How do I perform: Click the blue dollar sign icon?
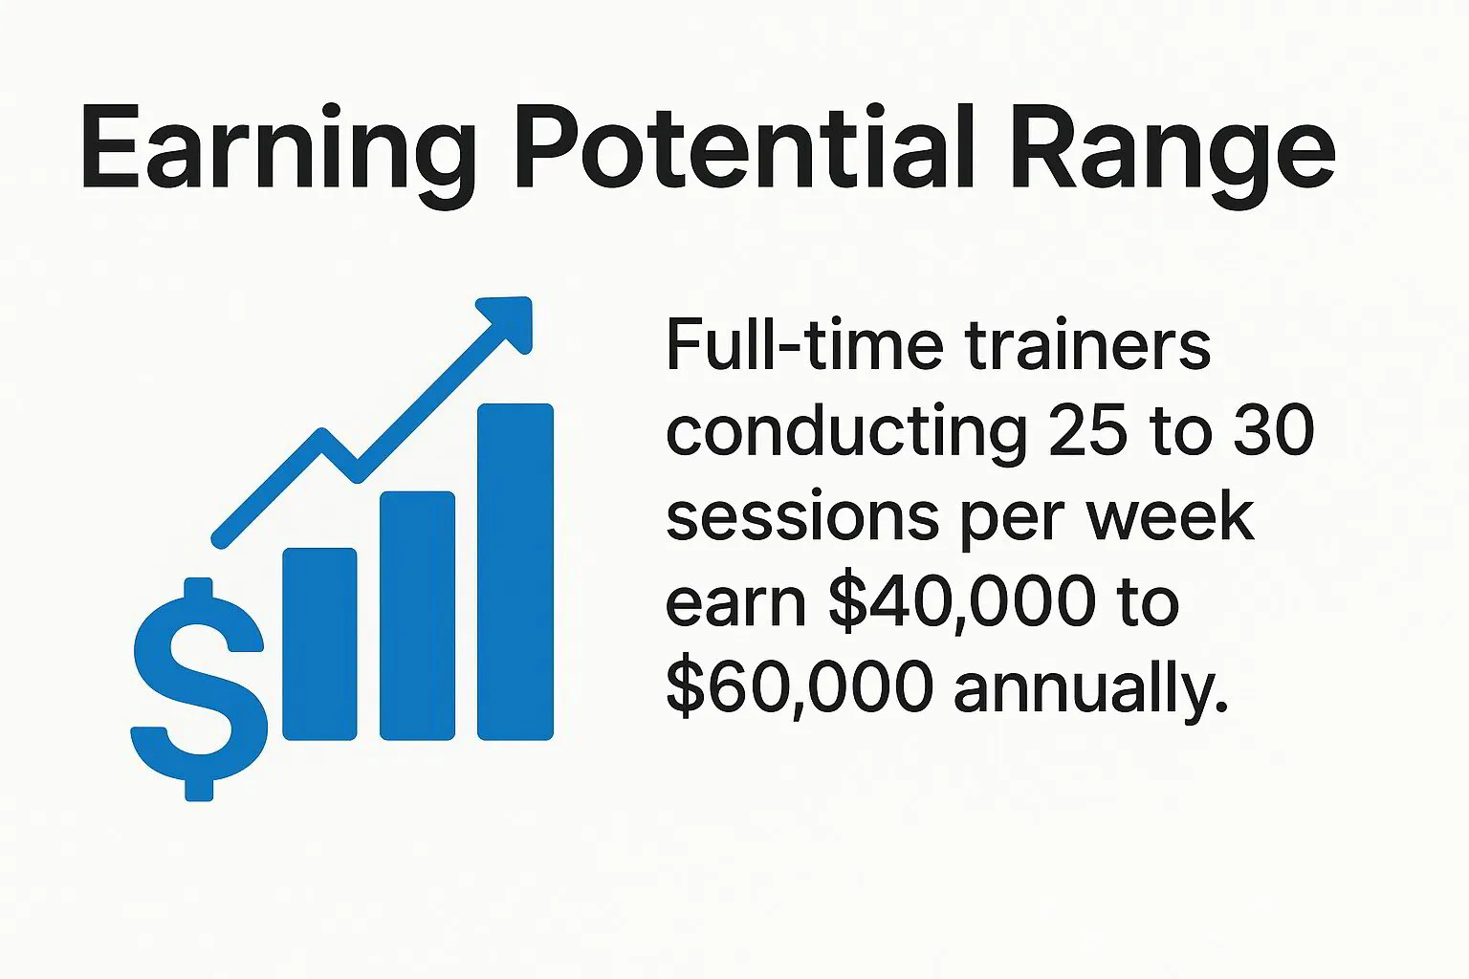click(199, 688)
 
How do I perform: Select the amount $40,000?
click(962, 602)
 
